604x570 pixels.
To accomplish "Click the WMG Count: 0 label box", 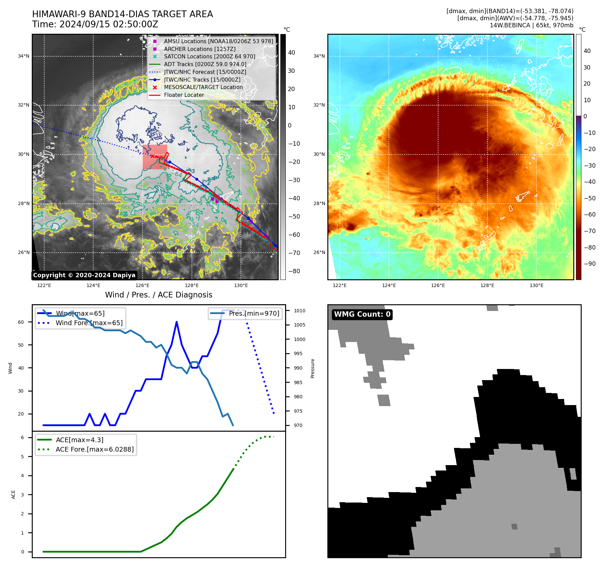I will coord(362,314).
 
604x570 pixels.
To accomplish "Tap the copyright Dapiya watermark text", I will coord(84,275).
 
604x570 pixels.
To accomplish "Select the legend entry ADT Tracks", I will coord(205,64).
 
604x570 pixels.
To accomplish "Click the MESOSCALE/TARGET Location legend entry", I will coord(203,87).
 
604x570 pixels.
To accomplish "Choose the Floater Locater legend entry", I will coord(184,95).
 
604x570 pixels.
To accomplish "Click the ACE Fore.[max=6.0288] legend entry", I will coord(95,449).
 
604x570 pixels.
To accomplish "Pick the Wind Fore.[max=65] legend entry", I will coord(89,323).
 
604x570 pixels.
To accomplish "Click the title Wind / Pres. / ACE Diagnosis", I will coord(159,295).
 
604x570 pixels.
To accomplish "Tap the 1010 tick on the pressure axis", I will coord(299,311).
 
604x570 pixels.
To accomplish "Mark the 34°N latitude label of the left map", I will coord(24,56).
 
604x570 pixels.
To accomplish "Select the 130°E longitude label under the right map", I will coord(536,285).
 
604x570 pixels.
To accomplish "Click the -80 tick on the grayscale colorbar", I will coord(294,271).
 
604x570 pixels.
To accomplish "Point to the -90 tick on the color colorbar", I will coord(590,264).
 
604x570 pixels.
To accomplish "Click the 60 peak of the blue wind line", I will coord(177,322).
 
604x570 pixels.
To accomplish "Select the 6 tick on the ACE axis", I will coord(23,437).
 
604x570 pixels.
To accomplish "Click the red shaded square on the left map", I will coord(155,157).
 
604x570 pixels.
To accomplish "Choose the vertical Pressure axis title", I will coord(312,368).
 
